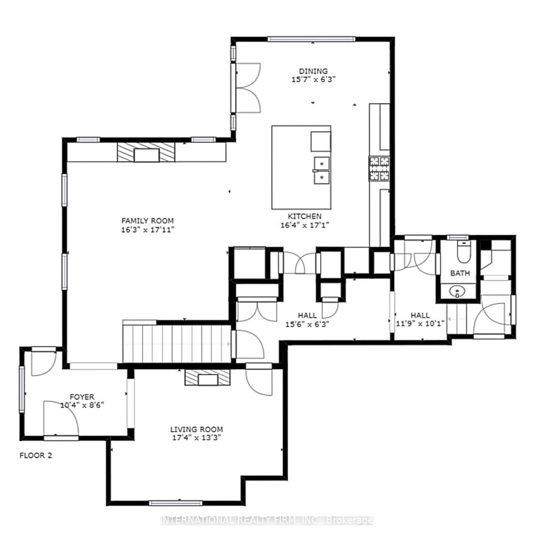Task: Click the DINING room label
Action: click(313, 71)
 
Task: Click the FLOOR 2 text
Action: click(36, 455)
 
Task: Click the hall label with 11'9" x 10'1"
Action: click(420, 315)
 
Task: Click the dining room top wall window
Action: click(311, 39)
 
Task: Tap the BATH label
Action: click(460, 273)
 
